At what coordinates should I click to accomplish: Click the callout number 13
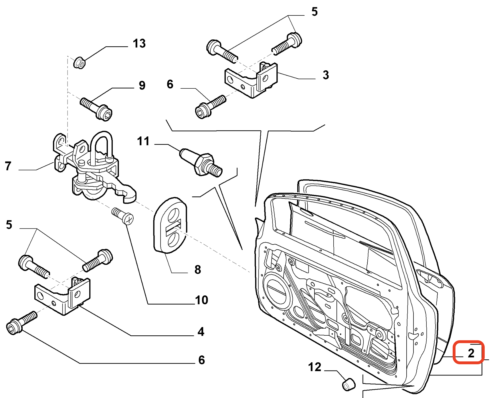(x=139, y=43)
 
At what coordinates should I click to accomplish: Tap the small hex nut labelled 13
(x=79, y=63)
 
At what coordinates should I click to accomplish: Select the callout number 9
(x=142, y=85)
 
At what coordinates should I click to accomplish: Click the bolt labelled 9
(x=97, y=108)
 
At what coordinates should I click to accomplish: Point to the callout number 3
(x=326, y=75)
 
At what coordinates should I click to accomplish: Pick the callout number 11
(x=143, y=141)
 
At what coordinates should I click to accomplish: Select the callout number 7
(x=8, y=166)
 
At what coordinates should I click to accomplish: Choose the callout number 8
(x=197, y=270)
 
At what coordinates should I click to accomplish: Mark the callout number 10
(x=201, y=300)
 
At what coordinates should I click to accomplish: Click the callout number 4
(x=201, y=332)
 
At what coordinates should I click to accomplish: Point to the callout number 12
(x=314, y=367)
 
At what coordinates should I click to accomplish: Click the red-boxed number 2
(x=471, y=353)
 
